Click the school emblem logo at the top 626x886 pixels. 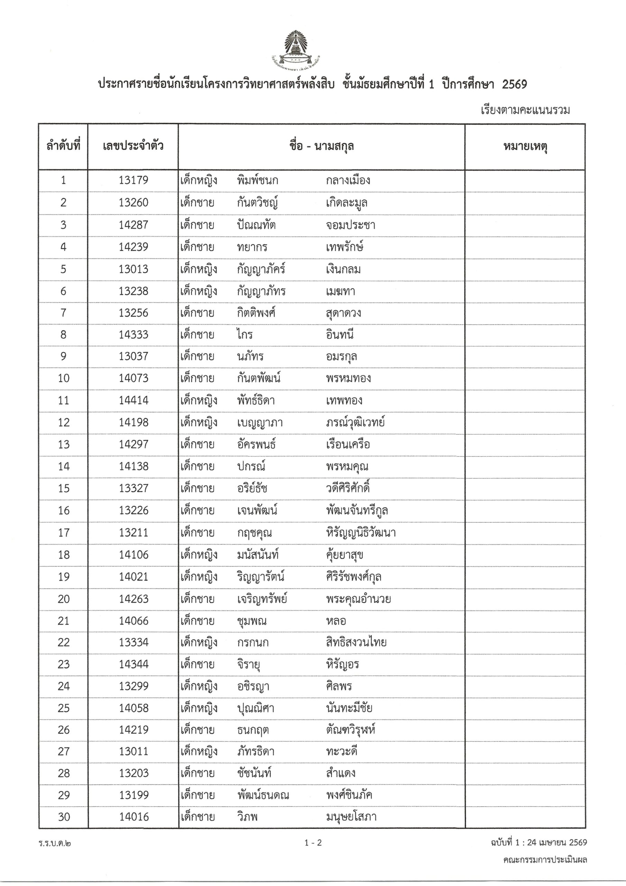pyautogui.click(x=297, y=49)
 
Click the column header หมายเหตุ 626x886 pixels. pyautogui.click(x=525, y=147)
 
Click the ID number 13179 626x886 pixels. pyautogui.click(x=133, y=180)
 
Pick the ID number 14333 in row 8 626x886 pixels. pyautogui.click(x=133, y=335)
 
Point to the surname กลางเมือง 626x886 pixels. pyautogui.click(x=348, y=180)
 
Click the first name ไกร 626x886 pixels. pyautogui.click(x=245, y=335)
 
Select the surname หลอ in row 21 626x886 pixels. pyautogui.click(x=335, y=621)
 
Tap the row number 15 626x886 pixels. pyautogui.click(x=64, y=489)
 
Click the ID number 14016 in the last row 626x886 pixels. pyautogui.click(x=134, y=817)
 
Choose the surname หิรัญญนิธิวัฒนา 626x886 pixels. pyautogui.click(x=361, y=533)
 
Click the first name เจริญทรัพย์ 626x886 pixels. pyautogui.click(x=262, y=599)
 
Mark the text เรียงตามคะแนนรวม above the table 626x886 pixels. pyautogui.click(x=525, y=110)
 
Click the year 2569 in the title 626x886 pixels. pyautogui.click(x=514, y=84)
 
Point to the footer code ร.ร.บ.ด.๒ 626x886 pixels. pyautogui.click(x=55, y=843)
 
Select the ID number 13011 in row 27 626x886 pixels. pyautogui.click(x=133, y=751)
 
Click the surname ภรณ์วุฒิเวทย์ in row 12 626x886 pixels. pyautogui.click(x=355, y=423)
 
